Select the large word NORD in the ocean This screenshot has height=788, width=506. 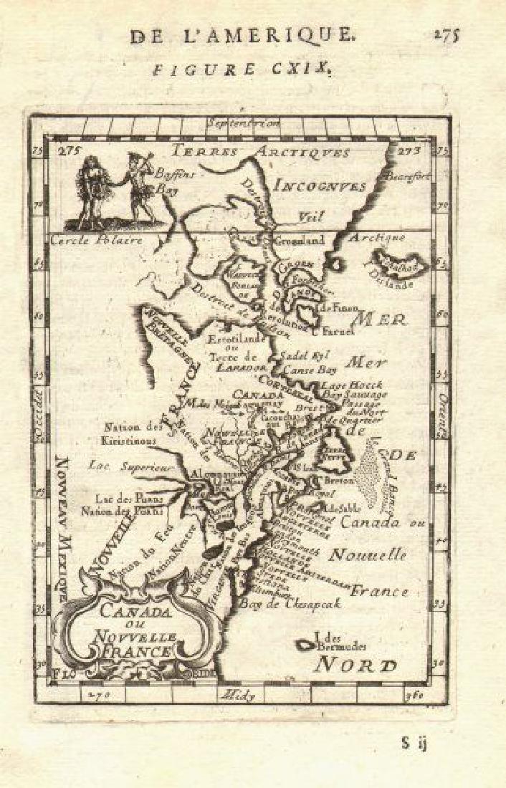[x=356, y=664]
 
